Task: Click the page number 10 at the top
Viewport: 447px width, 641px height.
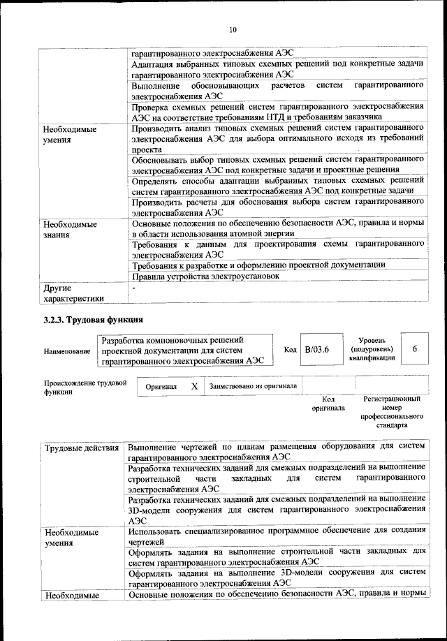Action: pos(233,29)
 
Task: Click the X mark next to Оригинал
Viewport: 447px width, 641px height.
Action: pos(195,386)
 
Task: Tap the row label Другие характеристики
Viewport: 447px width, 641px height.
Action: pos(73,293)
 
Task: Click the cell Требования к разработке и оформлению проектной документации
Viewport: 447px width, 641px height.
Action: pos(258,264)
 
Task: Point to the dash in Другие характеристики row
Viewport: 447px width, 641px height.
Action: pos(134,288)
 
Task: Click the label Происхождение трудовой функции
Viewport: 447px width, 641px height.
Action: pos(85,388)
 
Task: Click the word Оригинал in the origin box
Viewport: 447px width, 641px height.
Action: pos(161,386)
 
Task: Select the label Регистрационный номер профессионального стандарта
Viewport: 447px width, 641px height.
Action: pos(391,412)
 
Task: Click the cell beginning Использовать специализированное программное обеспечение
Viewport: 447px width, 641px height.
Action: pos(277,536)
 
